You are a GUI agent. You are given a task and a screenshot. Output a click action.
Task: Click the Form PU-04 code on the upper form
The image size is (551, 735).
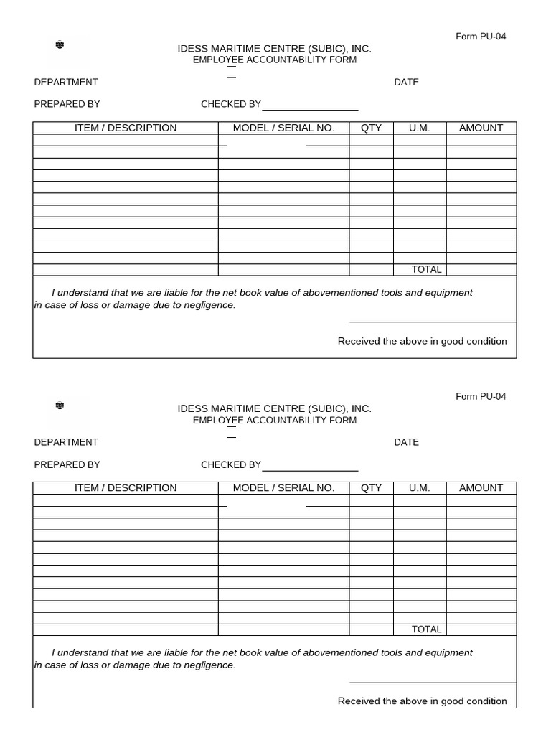click(x=481, y=37)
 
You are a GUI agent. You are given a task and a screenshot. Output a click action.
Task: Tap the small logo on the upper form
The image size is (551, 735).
click(x=60, y=46)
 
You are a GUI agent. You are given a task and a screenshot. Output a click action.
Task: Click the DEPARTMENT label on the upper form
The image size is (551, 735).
click(x=66, y=83)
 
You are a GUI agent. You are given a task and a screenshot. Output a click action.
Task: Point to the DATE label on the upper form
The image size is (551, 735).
click(x=406, y=83)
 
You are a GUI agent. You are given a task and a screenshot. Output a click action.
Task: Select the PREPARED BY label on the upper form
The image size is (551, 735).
click(x=67, y=105)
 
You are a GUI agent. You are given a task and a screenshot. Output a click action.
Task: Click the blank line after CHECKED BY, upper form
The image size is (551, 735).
click(x=310, y=110)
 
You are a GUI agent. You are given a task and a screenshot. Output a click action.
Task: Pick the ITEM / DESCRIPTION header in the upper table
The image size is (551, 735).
click(x=126, y=128)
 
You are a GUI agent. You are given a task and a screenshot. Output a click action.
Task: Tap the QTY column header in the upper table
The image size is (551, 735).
click(x=371, y=128)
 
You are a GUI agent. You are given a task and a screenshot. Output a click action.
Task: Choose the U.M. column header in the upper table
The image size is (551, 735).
click(x=420, y=128)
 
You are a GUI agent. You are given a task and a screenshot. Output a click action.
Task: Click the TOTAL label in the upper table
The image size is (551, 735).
click(x=426, y=270)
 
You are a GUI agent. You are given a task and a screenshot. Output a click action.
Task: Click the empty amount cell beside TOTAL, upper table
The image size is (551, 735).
click(x=481, y=270)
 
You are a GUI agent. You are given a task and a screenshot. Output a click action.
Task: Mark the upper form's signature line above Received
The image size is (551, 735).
click(x=433, y=322)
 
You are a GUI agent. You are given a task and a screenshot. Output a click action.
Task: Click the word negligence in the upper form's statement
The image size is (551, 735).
click(x=209, y=305)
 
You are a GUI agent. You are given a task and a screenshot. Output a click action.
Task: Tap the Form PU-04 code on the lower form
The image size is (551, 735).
click(x=481, y=397)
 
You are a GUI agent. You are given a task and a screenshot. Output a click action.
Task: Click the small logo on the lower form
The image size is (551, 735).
click(x=60, y=406)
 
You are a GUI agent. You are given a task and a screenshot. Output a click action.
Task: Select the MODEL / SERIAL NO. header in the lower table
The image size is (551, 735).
click(x=283, y=488)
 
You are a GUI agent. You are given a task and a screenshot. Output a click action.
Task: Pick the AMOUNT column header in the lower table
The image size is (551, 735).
click(x=481, y=488)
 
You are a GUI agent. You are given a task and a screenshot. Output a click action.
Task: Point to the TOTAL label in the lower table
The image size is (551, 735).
click(x=426, y=629)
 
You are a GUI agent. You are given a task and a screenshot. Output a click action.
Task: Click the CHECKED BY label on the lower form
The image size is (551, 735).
click(x=231, y=465)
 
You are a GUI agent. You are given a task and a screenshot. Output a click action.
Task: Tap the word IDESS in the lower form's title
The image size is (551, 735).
click(x=192, y=408)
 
